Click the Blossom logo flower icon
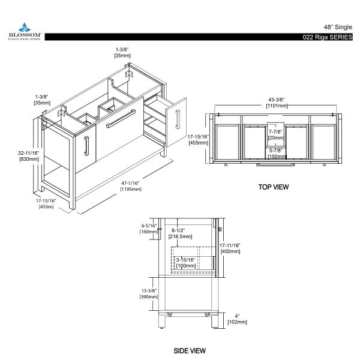tap(25, 28)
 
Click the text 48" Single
tap(338, 27)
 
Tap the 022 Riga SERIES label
tap(328, 37)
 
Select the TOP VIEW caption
tap(274, 187)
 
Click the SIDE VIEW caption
tap(190, 350)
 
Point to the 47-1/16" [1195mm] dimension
tap(131, 186)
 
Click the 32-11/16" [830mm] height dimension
tap(29, 156)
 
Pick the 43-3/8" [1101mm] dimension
tap(277, 103)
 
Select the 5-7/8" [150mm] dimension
tap(277, 154)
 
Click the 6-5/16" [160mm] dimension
tap(149, 229)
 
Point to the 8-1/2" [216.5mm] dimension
tap(180, 233)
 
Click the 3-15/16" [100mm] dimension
tap(186, 263)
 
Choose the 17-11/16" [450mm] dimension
tap(230, 248)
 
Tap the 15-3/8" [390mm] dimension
tap(149, 293)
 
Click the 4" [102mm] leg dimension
tap(237, 319)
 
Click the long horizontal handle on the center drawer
tap(121, 119)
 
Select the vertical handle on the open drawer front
tap(178, 119)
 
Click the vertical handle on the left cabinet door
tap(86, 146)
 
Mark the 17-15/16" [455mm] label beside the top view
tap(198, 140)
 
